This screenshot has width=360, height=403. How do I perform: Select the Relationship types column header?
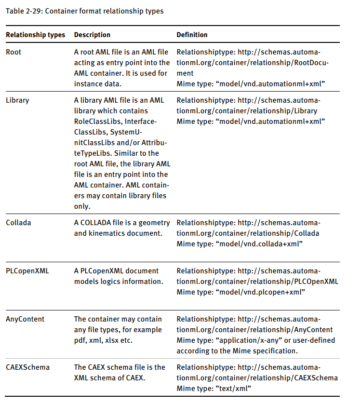36,35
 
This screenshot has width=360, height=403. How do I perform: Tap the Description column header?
92,35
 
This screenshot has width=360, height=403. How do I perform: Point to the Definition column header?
192,35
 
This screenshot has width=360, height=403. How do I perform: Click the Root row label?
13,52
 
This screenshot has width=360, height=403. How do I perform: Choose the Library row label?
17,100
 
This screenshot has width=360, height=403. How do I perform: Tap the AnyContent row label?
25,319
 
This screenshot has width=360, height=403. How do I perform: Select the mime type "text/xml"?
235,389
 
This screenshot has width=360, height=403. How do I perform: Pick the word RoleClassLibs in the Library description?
95,121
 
